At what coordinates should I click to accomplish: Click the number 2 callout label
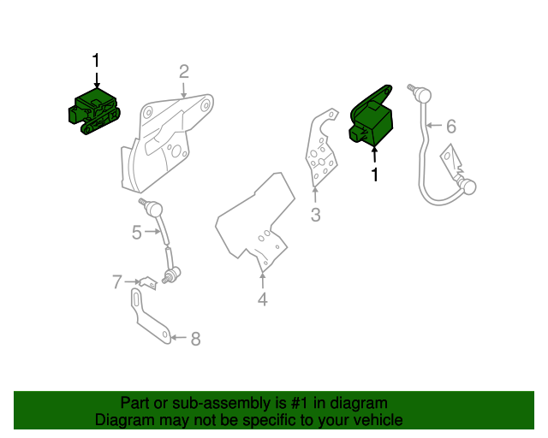[x=184, y=71]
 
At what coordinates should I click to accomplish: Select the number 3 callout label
[x=315, y=216]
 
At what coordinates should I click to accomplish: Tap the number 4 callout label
[x=263, y=299]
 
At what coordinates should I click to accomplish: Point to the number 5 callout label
[x=137, y=232]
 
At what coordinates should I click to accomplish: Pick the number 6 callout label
[x=451, y=127]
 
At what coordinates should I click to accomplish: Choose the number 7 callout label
[x=117, y=281]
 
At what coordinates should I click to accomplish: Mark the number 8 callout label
[x=195, y=339]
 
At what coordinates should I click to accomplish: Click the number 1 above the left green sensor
[x=96, y=61]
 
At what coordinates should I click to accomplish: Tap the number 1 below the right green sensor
[x=374, y=175]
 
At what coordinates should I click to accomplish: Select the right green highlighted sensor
[x=371, y=121]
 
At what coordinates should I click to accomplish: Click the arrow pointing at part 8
[x=177, y=339]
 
